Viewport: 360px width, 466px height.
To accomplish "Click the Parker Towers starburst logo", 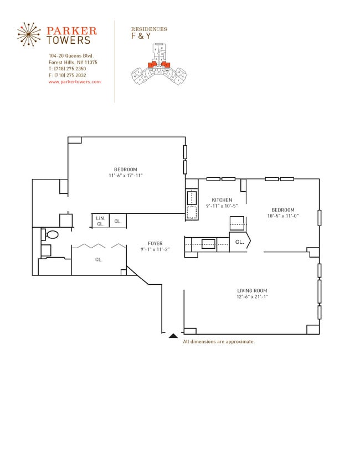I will pyautogui.click(x=29, y=34).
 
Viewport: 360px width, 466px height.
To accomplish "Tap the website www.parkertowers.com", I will pyautogui.click(x=74, y=81).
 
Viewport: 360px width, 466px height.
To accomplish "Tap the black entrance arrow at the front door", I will pyautogui.click(x=173, y=335).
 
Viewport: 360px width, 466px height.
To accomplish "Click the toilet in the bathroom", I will pyautogui.click(x=51, y=235).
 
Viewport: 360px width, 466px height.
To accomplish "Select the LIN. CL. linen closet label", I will pyautogui.click(x=100, y=221).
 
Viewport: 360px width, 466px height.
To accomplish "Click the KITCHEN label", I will pyautogui.click(x=222, y=200).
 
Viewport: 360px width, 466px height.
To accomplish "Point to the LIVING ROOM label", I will pyautogui.click(x=252, y=290).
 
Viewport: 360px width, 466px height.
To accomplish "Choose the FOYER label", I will pyautogui.click(x=155, y=243).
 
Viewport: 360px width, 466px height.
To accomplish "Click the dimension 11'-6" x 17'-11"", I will pyautogui.click(x=126, y=176).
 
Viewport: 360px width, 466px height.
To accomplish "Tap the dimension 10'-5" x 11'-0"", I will pyautogui.click(x=282, y=216).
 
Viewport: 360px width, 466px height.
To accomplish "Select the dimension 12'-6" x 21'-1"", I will pyautogui.click(x=252, y=296).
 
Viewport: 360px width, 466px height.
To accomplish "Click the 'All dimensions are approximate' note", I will pyautogui.click(x=219, y=342).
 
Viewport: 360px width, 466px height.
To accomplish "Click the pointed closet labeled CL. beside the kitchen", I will pyautogui.click(x=240, y=242).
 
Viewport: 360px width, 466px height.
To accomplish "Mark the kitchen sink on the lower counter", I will pyautogui.click(x=208, y=243).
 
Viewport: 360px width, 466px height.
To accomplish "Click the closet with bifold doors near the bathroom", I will pyautogui.click(x=99, y=259).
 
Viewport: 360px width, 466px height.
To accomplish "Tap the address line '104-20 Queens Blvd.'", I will pyautogui.click(x=71, y=56).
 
